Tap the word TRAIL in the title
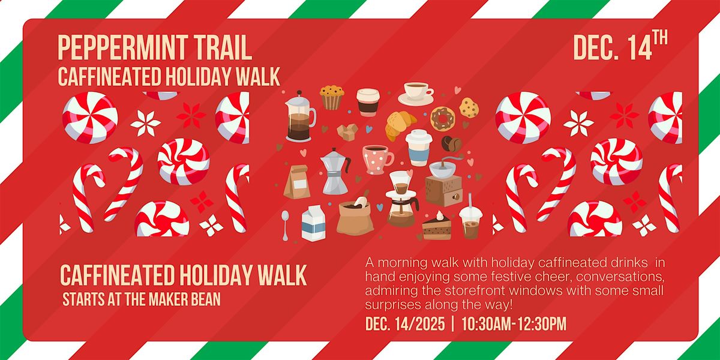(221, 49)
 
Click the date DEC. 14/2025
(405, 325)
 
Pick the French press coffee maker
(299, 117)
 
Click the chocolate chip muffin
(331, 97)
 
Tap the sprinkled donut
(443, 118)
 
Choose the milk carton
(313, 223)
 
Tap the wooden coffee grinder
(445, 182)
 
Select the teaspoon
(285, 223)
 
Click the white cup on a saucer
(416, 93)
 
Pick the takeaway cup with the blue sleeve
(419, 147)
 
